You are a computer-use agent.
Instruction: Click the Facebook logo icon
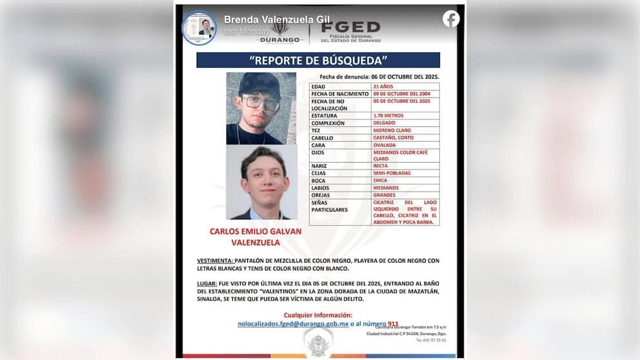click(451, 19)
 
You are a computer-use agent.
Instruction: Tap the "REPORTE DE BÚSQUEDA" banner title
click(318, 61)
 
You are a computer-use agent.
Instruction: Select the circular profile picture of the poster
click(199, 28)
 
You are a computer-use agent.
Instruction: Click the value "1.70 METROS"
click(388, 116)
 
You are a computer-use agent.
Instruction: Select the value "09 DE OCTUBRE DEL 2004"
click(401, 94)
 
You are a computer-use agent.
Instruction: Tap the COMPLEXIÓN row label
click(328, 123)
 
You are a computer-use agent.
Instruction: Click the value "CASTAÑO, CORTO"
click(393, 137)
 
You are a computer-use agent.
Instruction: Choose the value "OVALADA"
click(385, 145)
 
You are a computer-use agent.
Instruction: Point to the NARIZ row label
click(319, 166)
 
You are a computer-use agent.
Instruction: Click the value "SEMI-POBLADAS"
click(391, 173)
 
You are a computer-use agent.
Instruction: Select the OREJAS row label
click(321, 195)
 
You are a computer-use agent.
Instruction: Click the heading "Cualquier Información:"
click(318, 315)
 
